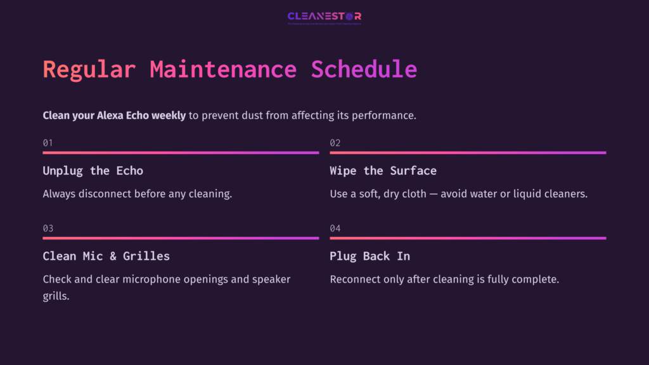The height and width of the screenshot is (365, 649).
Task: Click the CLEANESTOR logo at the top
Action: (324, 17)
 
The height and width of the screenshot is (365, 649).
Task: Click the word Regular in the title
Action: (89, 70)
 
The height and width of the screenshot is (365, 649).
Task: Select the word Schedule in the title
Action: (364, 70)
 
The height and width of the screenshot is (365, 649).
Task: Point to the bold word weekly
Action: (169, 115)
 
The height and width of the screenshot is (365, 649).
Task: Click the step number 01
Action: (48, 143)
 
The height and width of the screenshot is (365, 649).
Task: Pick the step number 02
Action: (335, 143)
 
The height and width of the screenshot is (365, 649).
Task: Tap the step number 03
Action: (48, 229)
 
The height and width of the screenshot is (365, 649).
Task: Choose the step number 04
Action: (335, 229)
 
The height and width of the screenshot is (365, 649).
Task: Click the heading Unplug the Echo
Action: (93, 170)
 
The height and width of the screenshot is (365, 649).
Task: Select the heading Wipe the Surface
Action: (383, 170)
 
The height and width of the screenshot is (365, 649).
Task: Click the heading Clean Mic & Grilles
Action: (106, 256)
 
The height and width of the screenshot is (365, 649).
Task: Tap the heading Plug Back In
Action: (369, 256)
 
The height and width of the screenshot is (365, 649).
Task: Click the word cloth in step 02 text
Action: (414, 194)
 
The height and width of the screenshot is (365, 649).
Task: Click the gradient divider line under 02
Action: (468, 153)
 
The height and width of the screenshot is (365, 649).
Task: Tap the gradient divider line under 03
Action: (181, 238)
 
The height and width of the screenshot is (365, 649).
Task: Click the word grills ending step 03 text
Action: (56, 296)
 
